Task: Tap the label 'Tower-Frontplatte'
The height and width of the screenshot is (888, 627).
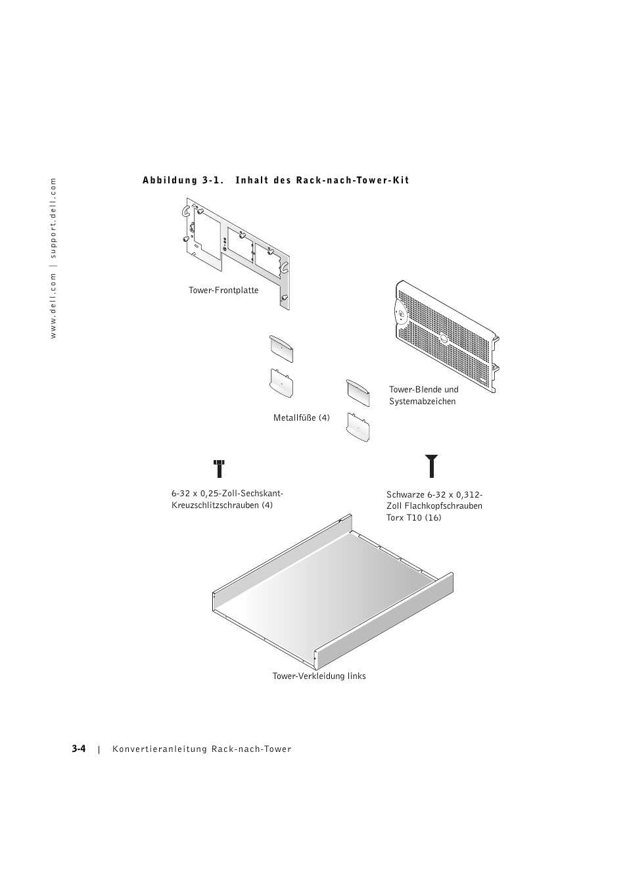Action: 223,291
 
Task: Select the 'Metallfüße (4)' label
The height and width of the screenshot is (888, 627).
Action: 302,418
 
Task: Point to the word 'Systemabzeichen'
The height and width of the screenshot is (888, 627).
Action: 422,402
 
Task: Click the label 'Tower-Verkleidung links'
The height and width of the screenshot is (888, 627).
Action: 319,676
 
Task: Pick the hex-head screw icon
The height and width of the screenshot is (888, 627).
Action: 220,468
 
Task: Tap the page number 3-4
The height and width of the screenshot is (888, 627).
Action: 80,749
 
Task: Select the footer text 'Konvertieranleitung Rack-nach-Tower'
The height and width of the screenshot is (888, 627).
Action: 202,749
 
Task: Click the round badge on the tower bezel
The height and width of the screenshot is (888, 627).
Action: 400,314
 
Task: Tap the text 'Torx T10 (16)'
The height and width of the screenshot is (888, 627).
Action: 414,518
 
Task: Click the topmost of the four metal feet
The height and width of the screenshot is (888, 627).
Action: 281,348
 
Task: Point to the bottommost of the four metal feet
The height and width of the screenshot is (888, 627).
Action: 358,427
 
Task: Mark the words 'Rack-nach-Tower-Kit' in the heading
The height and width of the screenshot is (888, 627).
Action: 352,181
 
